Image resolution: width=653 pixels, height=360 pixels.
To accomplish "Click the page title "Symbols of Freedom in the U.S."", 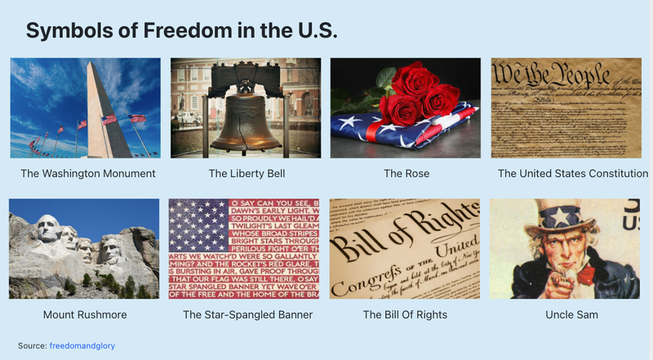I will pos(181,31).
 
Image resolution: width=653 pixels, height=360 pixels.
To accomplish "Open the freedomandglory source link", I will pos(87,346).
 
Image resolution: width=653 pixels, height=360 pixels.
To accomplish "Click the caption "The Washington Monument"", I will pos(88,174).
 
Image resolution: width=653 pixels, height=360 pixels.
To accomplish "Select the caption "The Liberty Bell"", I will pos(247,174).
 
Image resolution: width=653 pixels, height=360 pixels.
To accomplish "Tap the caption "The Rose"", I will pos(406,174).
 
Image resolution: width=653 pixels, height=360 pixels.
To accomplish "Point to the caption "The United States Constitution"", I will pos(573,174).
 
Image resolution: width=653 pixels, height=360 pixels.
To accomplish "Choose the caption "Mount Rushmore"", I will pos(85,314).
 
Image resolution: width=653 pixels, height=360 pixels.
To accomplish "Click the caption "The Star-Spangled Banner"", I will pos(247,314).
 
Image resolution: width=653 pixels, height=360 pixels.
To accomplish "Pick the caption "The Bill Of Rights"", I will pos(405,314).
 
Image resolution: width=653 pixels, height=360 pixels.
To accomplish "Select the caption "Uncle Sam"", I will pos(571,314).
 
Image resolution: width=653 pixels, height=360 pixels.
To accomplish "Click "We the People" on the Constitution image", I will pos(551,76).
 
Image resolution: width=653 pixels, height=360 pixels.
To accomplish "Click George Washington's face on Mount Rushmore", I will pos(48,228).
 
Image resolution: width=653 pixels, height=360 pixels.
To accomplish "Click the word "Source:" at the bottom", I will pos(33,346).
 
